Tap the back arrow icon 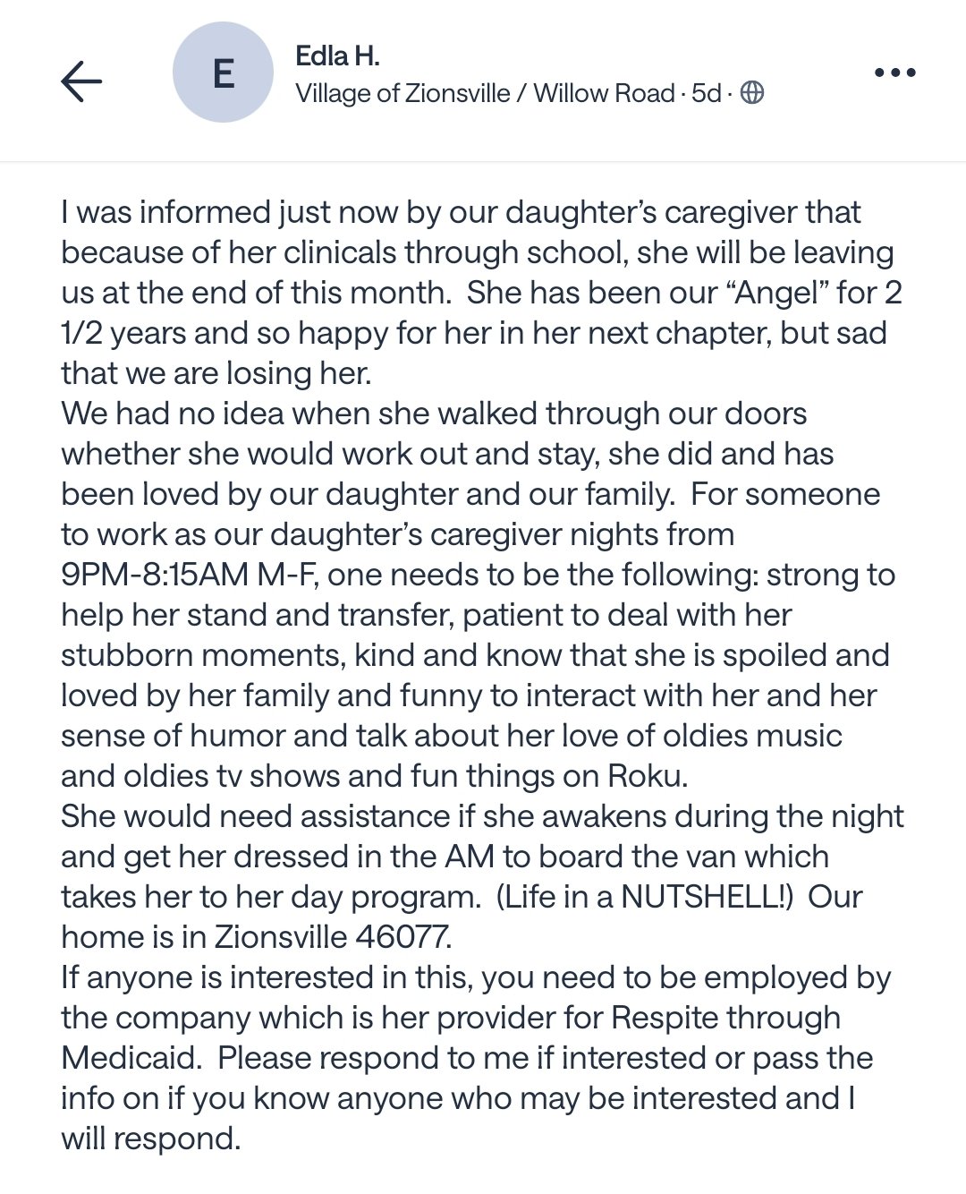(81, 81)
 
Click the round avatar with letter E (223, 72)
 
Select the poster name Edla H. (337, 56)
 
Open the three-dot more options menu (894, 72)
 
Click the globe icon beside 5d (752, 93)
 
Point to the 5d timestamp (707, 93)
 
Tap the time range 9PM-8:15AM (154, 575)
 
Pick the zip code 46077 (403, 937)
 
